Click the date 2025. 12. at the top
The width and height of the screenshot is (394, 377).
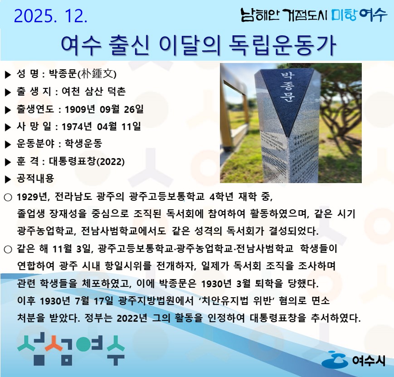click(50, 16)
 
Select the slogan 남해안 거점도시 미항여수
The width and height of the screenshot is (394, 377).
click(314, 15)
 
